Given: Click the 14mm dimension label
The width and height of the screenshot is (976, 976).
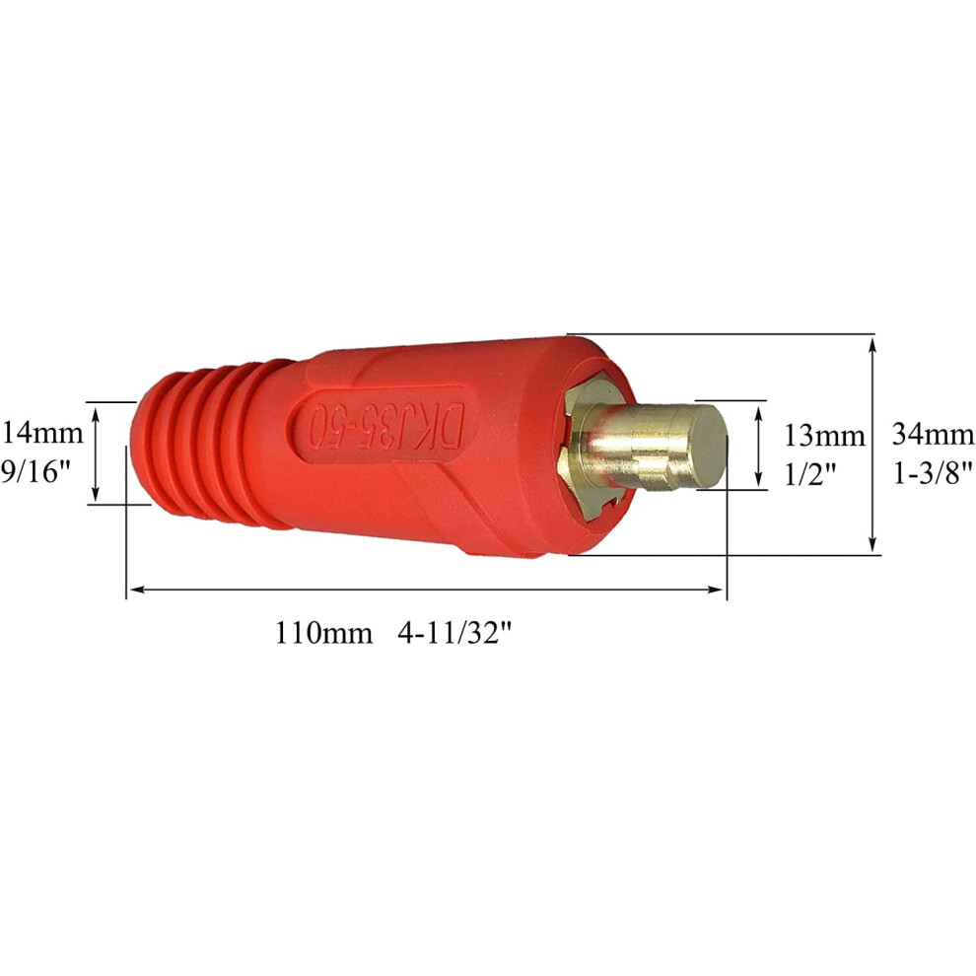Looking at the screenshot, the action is click(42, 433).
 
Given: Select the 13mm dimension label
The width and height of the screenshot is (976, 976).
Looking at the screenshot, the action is click(824, 436).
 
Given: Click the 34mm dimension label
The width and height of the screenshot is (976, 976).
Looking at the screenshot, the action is click(933, 434).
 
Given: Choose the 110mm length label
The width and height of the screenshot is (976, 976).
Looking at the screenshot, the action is click(323, 634).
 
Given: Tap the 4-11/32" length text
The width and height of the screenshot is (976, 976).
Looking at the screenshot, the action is click(455, 634).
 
